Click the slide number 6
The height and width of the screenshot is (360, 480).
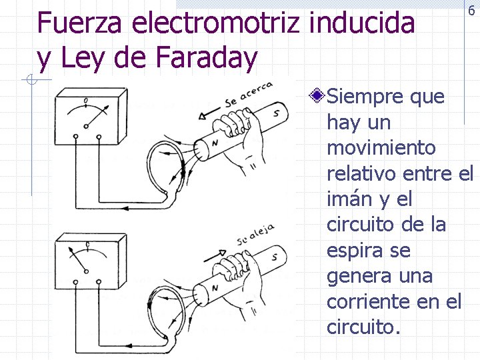(471, 10)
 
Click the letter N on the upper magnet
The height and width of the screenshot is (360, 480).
(215, 143)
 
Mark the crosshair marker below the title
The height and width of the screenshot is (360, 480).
(31, 81)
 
